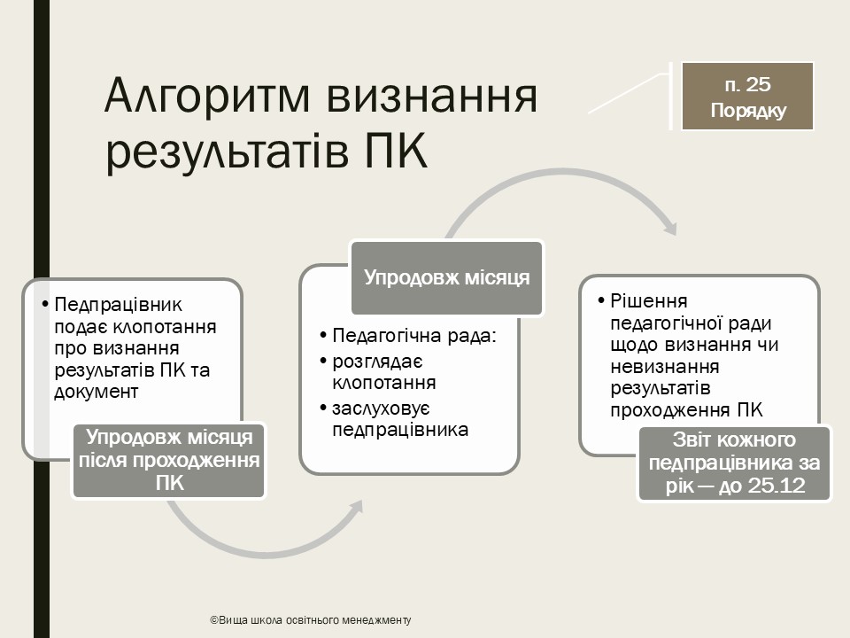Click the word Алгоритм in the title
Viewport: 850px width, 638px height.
coord(207,97)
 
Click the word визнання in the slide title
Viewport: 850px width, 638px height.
coord(432,97)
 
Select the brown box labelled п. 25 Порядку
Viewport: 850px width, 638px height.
coord(747,97)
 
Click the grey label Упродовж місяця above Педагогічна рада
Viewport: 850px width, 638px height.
coord(446,277)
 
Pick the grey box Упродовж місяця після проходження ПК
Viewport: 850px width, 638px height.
coord(169,460)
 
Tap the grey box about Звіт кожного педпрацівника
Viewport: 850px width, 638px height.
coord(735,463)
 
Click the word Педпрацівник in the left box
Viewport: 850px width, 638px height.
coord(118,304)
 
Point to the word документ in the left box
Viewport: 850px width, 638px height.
coord(97,392)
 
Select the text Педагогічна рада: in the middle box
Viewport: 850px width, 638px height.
coord(414,335)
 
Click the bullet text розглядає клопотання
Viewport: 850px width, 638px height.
coord(383,372)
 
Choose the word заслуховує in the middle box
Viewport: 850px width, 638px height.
coord(381,408)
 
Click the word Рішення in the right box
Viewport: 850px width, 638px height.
coord(649,301)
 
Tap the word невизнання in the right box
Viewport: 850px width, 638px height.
coord(665,367)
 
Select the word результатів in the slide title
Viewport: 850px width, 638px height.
coord(227,152)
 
